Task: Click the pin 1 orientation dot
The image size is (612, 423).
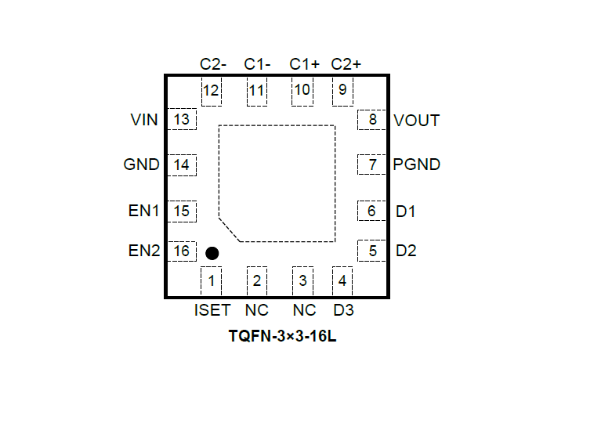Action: [x=212, y=253]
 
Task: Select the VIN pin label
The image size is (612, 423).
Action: [x=144, y=121]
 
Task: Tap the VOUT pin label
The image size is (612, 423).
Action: [x=417, y=121]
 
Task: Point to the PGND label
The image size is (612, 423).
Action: [x=417, y=165]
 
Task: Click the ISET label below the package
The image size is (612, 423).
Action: [x=212, y=310]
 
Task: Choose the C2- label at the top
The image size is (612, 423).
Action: [x=213, y=63]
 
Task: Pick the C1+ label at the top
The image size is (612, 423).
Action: [x=303, y=63]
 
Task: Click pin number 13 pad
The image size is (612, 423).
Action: [x=183, y=120]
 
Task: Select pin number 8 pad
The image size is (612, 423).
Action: [x=372, y=120]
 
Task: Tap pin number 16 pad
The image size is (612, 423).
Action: [x=183, y=251]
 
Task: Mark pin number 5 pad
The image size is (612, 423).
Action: [x=372, y=251]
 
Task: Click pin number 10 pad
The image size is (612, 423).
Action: [x=302, y=90]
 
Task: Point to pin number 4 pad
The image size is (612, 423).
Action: [x=342, y=280]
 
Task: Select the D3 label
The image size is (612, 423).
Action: [x=343, y=310]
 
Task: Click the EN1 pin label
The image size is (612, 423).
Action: [x=143, y=211]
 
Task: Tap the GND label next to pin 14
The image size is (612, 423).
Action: [x=142, y=165]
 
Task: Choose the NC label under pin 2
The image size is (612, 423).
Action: [x=257, y=310]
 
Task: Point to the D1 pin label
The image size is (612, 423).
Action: [x=406, y=211]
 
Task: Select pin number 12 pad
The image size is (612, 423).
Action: [x=211, y=90]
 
